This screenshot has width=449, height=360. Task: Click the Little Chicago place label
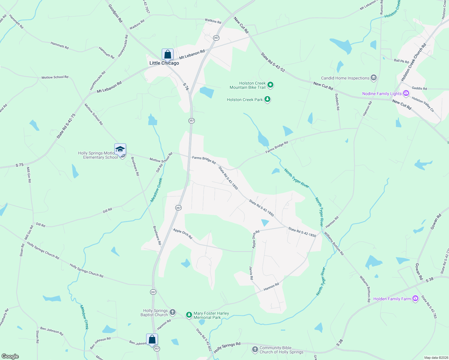[x=164, y=63]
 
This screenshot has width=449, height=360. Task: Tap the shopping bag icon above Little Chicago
[x=167, y=54]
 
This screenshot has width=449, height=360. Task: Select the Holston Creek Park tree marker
[x=267, y=99]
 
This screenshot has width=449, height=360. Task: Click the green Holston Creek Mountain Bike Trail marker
[x=270, y=85]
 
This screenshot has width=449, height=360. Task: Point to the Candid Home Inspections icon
[x=374, y=78]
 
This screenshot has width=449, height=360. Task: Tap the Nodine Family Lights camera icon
[x=406, y=93]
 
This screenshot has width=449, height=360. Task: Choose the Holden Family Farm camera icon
[x=415, y=298]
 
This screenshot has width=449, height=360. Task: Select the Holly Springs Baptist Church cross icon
[x=172, y=312]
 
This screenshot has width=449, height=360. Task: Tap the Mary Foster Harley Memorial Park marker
[x=189, y=315]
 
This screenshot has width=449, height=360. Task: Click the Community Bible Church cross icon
[x=255, y=349]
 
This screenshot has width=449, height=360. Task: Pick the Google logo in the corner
[x=10, y=356]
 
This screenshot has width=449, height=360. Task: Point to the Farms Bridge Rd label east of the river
[x=276, y=147]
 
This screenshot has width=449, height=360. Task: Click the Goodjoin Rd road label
[x=115, y=13]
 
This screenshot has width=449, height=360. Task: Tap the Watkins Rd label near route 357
[x=213, y=21]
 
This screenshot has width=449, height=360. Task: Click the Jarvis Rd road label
[x=251, y=273]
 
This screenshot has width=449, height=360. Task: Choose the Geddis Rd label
[x=419, y=88]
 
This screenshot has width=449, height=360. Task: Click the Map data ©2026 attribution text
[x=435, y=357]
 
